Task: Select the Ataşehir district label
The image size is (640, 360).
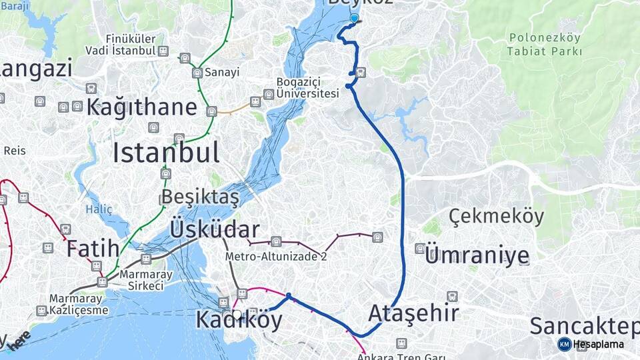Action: click(x=413, y=313)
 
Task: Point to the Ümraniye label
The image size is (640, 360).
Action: click(x=477, y=255)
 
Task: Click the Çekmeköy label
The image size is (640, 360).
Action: click(x=496, y=217)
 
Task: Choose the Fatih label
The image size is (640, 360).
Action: click(x=93, y=249)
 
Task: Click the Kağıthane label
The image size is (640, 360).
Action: click(x=142, y=107)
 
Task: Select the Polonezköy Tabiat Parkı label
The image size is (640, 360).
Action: click(x=544, y=45)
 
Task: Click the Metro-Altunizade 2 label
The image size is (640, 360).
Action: click(x=276, y=255)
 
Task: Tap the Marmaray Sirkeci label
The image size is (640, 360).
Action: click(x=141, y=280)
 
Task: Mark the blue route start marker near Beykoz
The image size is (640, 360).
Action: click(x=354, y=19)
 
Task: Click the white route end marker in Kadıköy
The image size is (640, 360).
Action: click(x=237, y=314)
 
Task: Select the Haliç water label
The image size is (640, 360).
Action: click(x=99, y=209)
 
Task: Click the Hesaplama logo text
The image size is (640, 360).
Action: click(x=598, y=345)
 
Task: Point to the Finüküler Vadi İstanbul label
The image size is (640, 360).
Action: click(x=121, y=45)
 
